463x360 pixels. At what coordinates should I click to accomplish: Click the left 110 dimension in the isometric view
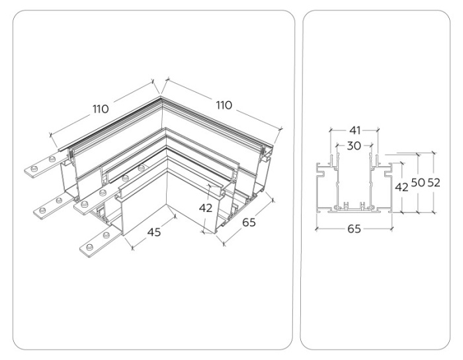[101, 109]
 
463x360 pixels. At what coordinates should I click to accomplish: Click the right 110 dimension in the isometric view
[224, 105]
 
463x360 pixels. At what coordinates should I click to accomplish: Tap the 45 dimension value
[153, 232]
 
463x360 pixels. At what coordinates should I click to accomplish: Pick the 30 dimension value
[354, 146]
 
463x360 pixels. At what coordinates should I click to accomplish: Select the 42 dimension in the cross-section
[401, 187]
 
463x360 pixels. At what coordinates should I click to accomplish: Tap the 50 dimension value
[418, 183]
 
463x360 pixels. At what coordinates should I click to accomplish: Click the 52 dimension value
[434, 183]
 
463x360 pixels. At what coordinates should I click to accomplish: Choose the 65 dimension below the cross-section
[354, 230]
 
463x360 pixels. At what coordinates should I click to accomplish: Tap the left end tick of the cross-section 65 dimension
[317, 228]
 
